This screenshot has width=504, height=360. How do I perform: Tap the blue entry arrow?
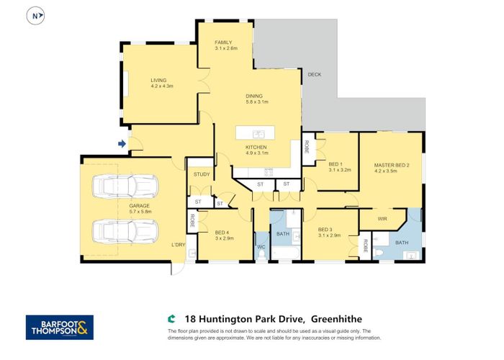point(122,145)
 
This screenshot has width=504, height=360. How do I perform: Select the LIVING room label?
point(159,81)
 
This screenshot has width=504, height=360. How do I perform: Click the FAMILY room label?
point(223,43)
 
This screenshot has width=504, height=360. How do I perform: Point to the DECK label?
point(314,75)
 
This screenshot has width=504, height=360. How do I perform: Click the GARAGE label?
point(130,205)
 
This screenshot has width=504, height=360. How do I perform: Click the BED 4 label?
point(222,231)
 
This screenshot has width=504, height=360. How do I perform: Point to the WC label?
point(261,247)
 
